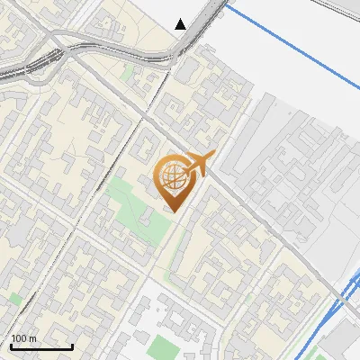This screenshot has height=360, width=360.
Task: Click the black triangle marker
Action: click(x=181, y=24)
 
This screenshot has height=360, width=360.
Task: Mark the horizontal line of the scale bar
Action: click(x=40, y=346)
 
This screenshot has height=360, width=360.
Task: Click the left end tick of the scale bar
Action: click(x=10, y=344)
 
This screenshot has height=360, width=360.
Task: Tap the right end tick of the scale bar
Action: click(x=72, y=344)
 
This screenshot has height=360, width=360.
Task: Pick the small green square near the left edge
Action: click(x=13, y=297)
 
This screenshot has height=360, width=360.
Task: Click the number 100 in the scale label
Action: click(x=18, y=338)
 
